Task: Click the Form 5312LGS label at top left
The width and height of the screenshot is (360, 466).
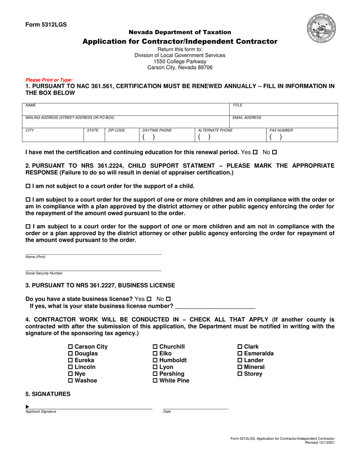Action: pyautogui.click(x=46, y=25)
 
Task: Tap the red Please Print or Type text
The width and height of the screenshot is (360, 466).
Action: pyautogui.click(x=49, y=80)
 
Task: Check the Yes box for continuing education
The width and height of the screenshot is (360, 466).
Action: pyautogui.click(x=255, y=152)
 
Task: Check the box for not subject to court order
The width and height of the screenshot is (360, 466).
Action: pyautogui.click(x=28, y=186)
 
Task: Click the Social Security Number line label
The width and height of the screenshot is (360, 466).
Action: pyautogui.click(x=44, y=273)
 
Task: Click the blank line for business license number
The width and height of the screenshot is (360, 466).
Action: pyautogui.click(x=215, y=306)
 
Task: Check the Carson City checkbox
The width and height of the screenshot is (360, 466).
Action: pyautogui.click(x=70, y=347)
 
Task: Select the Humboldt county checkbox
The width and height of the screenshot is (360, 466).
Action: pyautogui.click(x=155, y=360)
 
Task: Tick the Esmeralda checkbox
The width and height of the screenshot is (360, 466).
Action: pyautogui.click(x=240, y=353)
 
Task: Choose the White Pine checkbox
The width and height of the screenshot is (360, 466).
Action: pyautogui.click(x=155, y=381)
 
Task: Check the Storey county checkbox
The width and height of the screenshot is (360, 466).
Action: pyautogui.click(x=240, y=374)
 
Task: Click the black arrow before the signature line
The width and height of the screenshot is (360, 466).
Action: pyautogui.click(x=27, y=407)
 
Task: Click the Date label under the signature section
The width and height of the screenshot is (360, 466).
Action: pyautogui.click(x=167, y=411)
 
